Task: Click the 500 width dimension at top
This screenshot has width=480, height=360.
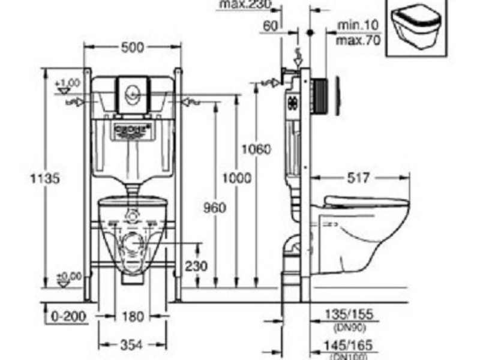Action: [133, 48]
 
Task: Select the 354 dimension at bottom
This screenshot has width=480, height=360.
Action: [133, 345]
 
